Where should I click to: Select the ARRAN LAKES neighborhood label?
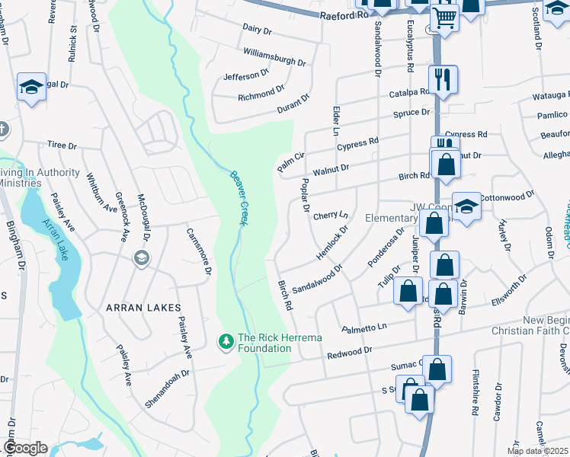coord(143,308)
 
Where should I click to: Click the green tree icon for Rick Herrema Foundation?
coord(226,341)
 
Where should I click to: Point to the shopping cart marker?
coord(444,16)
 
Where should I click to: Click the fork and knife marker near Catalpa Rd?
coord(443,78)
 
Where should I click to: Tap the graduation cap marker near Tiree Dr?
coord(30,86)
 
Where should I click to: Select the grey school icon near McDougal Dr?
coord(141,258)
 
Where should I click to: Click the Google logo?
coord(24,448)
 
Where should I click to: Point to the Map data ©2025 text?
coord(537,451)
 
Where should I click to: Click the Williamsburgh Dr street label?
coord(274,56)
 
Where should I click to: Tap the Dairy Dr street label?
coord(257,29)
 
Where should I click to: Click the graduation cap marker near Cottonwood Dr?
coord(466,206)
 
